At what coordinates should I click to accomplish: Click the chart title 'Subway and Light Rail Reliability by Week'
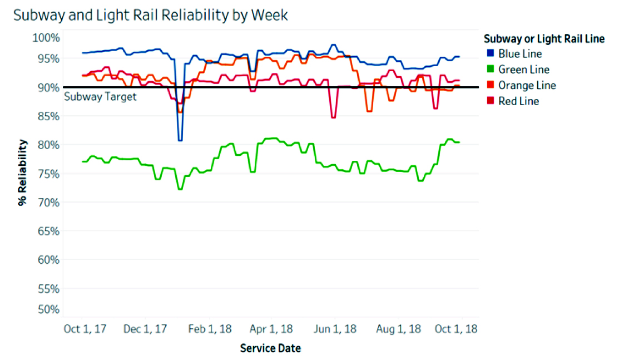150,15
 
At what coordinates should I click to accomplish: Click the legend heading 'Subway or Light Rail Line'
544,39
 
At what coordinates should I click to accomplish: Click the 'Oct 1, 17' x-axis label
82,329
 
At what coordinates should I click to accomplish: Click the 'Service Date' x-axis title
270,349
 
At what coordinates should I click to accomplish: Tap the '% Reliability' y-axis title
23,173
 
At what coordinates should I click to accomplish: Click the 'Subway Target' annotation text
100,96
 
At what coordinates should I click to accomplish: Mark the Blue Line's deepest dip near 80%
180,140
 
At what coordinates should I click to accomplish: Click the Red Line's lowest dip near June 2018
333,117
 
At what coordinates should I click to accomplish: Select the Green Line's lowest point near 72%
180,189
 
